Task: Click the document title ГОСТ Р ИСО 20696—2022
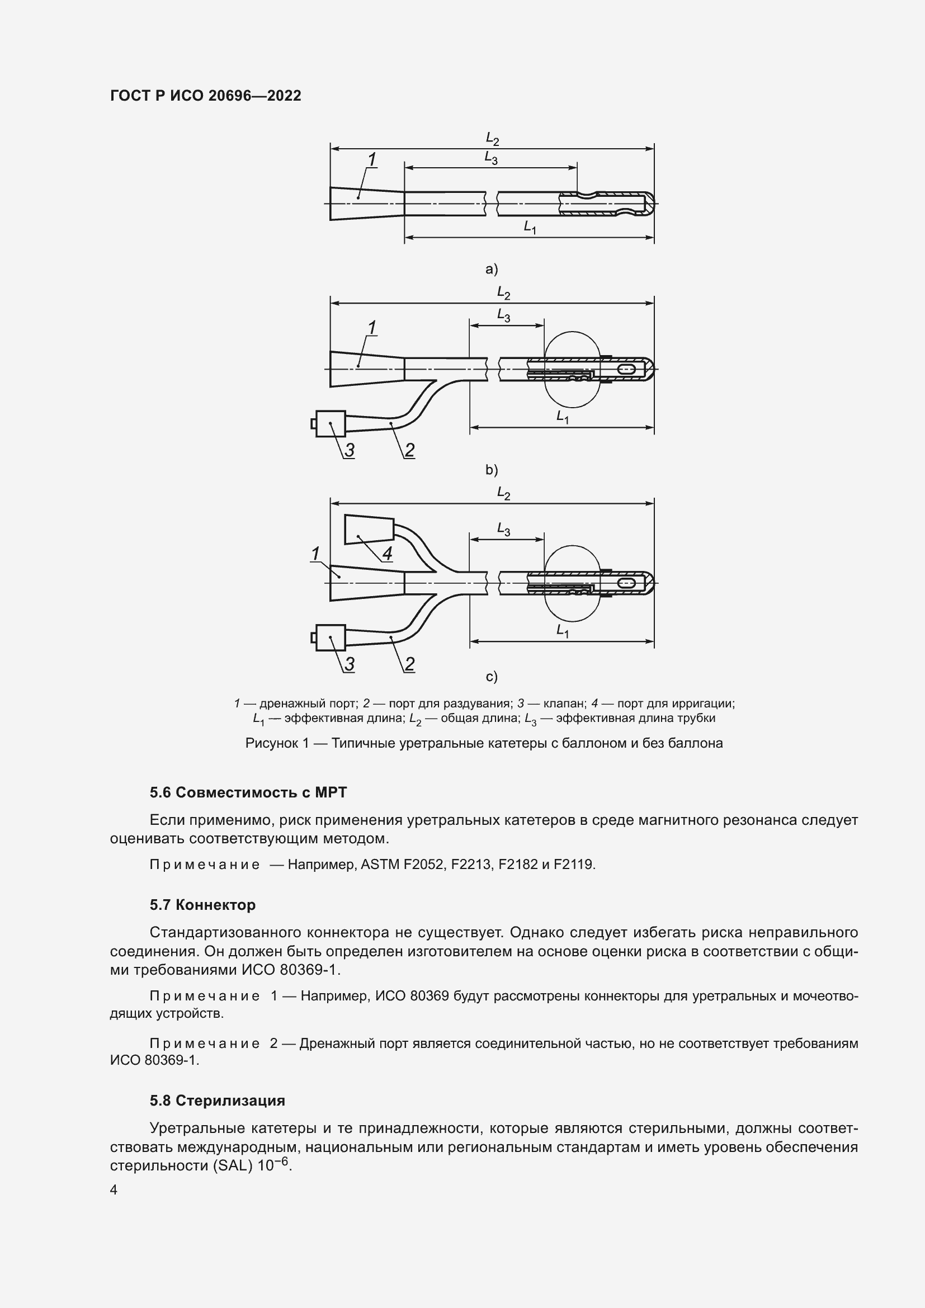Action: click(x=205, y=96)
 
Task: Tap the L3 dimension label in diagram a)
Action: click(x=491, y=158)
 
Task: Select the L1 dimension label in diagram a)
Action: click(x=530, y=227)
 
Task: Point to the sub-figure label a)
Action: click(x=491, y=269)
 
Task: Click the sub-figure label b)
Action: click(x=491, y=470)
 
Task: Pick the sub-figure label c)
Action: click(x=491, y=677)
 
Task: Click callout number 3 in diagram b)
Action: click(x=349, y=450)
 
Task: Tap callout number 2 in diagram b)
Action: click(x=409, y=450)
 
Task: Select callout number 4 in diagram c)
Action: click(x=387, y=553)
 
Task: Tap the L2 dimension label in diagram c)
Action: click(x=503, y=493)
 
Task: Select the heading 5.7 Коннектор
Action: click(x=202, y=905)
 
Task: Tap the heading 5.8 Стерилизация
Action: click(x=217, y=1100)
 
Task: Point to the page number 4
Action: click(x=114, y=1190)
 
